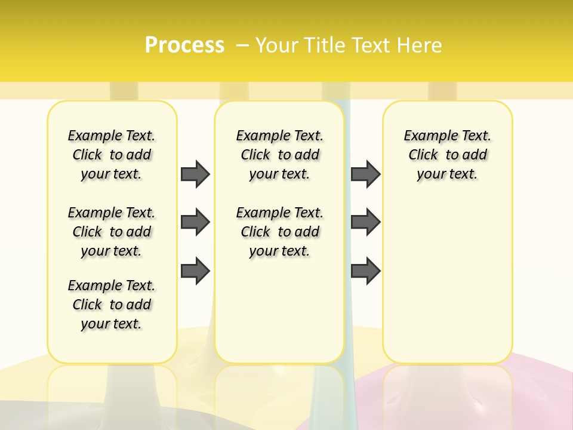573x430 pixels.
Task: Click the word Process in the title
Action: pos(184,45)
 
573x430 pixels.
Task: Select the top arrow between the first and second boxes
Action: pos(195,174)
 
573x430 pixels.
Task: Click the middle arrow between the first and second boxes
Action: pos(195,223)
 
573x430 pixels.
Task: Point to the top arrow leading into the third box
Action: pos(365,174)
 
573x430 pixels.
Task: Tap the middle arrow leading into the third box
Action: pos(365,223)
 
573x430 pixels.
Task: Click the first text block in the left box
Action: pos(112,155)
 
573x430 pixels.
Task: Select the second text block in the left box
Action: pos(112,232)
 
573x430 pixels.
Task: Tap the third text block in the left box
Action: pos(112,305)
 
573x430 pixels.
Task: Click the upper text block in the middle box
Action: pos(279,155)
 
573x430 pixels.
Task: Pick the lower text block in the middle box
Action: pos(279,232)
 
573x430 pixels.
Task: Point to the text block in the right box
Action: pos(448,155)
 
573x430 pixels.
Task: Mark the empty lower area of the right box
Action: pos(448,275)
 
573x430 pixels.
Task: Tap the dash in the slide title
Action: pos(242,45)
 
